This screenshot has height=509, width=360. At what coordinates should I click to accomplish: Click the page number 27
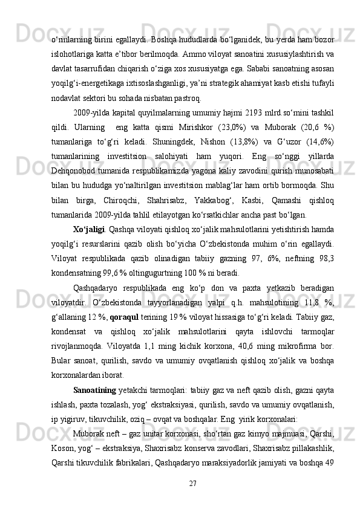(194, 482)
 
